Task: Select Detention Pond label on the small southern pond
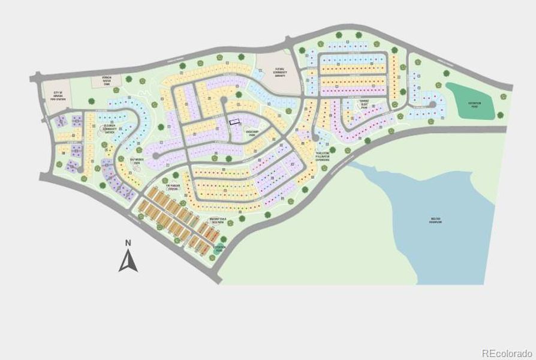click(220, 248)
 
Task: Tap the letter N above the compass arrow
click(128, 243)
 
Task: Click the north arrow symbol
click(128, 261)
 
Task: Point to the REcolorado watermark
click(507, 353)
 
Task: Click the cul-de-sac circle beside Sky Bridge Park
click(156, 155)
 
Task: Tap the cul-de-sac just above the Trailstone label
click(316, 140)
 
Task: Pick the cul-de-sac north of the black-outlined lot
click(224, 100)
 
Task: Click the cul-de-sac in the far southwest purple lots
click(83, 170)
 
